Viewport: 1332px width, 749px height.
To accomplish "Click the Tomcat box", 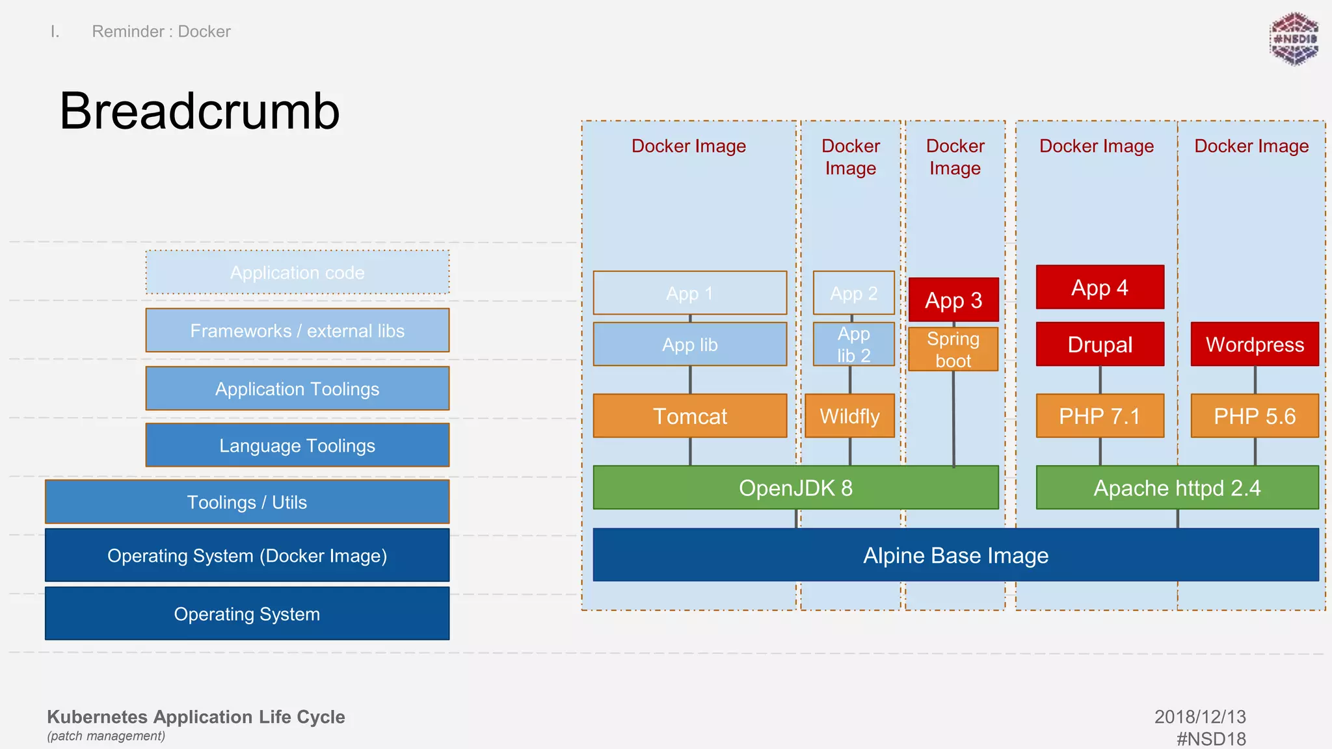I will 689,416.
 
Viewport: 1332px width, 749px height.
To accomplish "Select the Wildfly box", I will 849,416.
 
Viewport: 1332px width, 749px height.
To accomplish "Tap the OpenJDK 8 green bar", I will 795,488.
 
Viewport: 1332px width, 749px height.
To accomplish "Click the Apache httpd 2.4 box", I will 1177,488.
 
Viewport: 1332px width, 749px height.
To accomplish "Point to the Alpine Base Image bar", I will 955,555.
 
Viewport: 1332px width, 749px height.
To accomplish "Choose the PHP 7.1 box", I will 1099,416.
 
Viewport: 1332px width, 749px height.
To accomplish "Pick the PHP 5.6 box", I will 1254,416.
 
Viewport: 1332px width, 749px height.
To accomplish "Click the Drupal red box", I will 1099,345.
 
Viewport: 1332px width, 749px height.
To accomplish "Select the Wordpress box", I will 1254,345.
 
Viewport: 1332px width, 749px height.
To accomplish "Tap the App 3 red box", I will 953,300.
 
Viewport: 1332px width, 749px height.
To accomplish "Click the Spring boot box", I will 953,350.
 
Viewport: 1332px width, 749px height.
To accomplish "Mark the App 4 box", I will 1099,287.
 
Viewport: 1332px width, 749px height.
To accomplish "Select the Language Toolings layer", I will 297,445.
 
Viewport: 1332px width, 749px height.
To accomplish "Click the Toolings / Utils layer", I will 246,502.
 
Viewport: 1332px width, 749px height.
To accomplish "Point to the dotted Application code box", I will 297,272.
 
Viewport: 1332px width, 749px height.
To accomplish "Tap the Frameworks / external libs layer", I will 297,331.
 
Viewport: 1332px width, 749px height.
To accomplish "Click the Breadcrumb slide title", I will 199,111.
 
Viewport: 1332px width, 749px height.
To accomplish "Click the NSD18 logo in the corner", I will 1294,39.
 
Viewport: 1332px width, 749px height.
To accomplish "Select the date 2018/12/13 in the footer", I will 1199,716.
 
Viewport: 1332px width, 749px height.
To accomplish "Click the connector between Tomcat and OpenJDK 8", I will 690,451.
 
